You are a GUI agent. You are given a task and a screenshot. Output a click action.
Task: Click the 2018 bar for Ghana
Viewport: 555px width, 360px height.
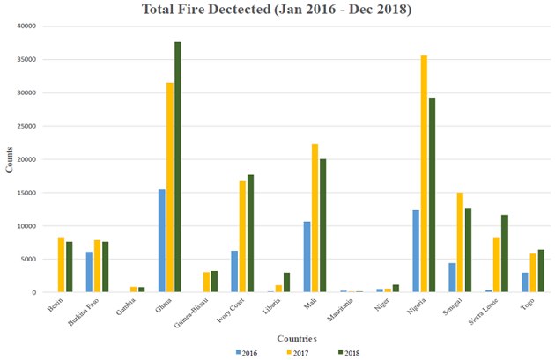click(x=178, y=167)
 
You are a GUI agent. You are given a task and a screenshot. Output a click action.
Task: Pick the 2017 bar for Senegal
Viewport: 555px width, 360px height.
click(x=460, y=242)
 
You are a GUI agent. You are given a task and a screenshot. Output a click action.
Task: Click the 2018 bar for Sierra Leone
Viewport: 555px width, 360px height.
click(x=504, y=253)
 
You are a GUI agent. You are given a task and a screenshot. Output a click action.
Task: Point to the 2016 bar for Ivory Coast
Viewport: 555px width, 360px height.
click(x=234, y=271)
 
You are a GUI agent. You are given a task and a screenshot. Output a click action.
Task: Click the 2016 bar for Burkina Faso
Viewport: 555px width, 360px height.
click(x=89, y=272)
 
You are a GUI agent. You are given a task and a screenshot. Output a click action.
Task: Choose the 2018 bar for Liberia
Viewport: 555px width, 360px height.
click(x=286, y=283)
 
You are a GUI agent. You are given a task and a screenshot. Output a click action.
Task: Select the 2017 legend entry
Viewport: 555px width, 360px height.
click(x=295, y=352)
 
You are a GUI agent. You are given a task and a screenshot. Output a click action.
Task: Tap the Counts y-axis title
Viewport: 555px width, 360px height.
click(x=9, y=159)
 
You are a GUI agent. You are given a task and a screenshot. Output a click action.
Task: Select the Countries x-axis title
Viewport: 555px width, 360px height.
click(x=296, y=338)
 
